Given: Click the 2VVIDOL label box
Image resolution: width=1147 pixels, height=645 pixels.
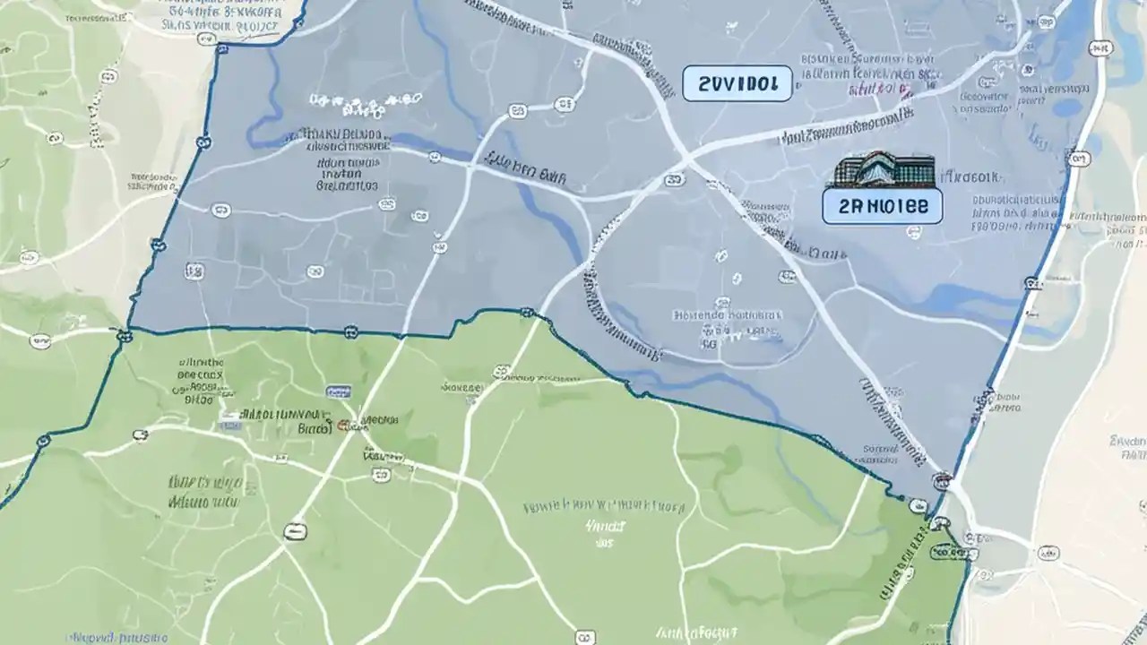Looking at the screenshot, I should [737, 83].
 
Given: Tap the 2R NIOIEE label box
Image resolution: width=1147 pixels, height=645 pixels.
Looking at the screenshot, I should [882, 206].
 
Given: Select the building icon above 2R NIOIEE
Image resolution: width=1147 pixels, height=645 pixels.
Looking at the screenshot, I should [884, 170].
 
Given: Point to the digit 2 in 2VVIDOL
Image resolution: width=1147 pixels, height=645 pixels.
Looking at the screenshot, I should [703, 84].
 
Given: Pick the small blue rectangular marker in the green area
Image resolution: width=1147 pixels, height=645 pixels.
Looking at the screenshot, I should [337, 391].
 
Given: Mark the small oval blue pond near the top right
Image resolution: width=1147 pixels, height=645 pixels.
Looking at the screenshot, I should [1066, 107].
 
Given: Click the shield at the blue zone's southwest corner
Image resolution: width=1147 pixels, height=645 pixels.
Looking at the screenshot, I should [123, 335].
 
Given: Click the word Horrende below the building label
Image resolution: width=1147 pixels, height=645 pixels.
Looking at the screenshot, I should [699, 315].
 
